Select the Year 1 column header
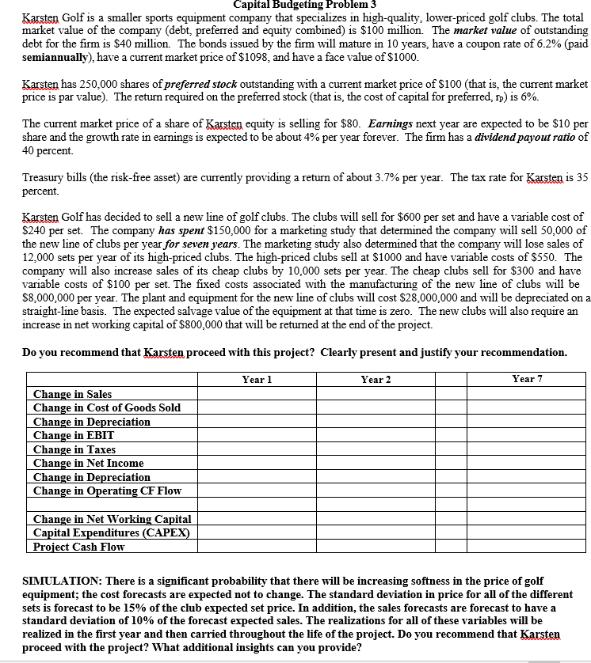[253, 380]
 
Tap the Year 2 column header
[376, 380]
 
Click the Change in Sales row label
[72, 394]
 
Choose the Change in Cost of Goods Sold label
[106, 407]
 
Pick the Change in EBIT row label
[73, 435]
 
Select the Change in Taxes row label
[74, 449]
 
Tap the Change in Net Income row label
[88, 463]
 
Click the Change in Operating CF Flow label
[107, 491]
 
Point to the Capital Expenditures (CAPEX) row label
[111, 532]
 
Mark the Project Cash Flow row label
[78, 547]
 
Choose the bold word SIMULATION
[62, 581]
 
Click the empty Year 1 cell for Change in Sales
[253, 394]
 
